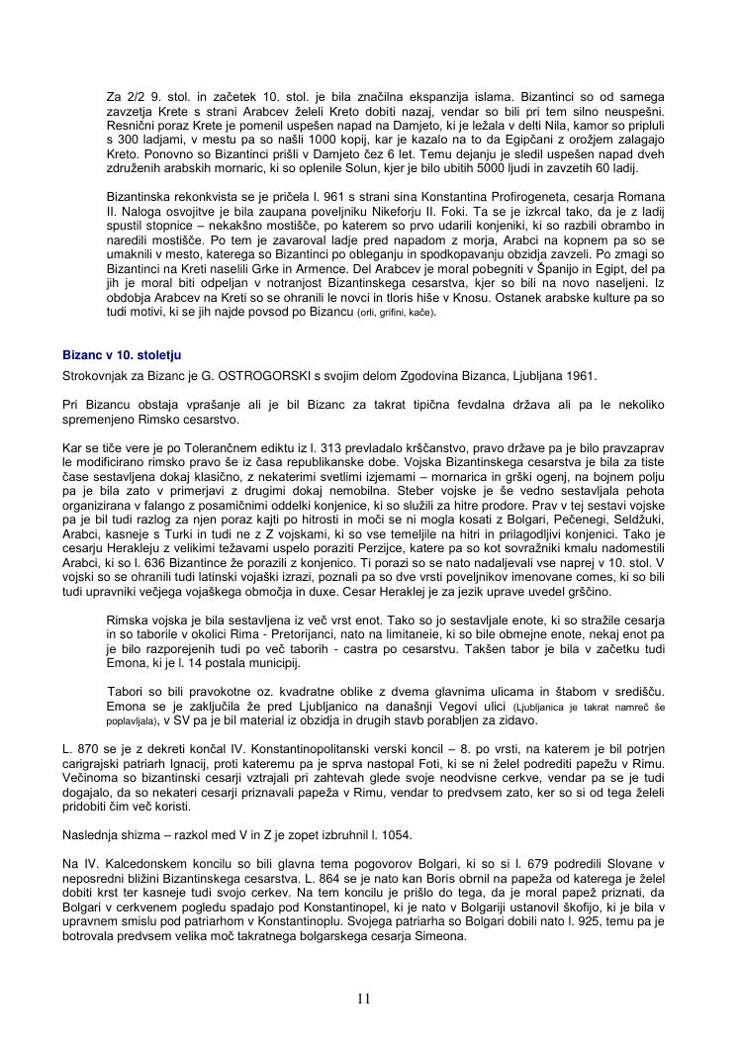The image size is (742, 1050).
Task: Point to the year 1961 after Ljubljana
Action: pyautogui.click(x=581, y=376)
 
